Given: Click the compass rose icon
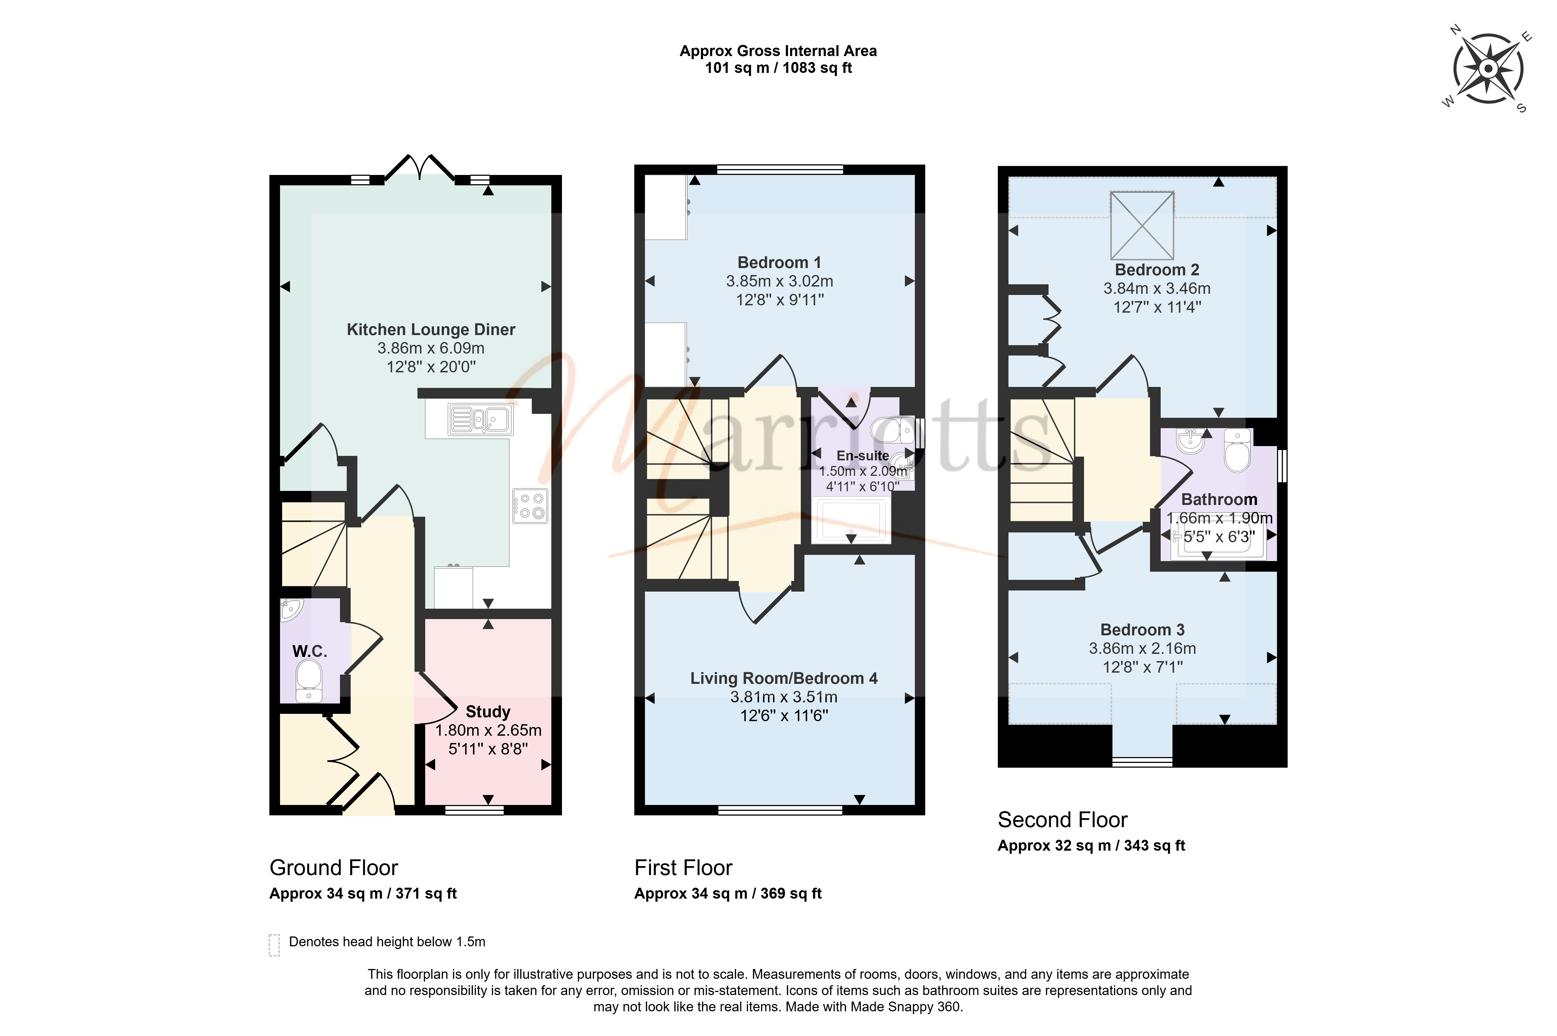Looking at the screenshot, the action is (1488, 69).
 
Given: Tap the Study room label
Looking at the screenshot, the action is (488, 712).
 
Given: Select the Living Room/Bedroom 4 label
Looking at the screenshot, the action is (784, 679).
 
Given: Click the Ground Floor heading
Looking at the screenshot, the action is (334, 867).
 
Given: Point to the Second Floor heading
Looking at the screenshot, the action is (1062, 820).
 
